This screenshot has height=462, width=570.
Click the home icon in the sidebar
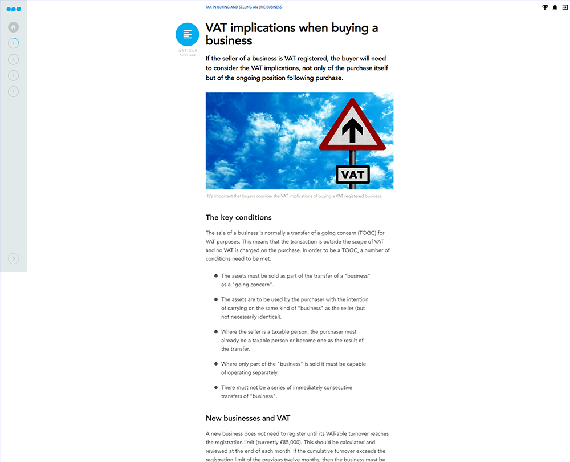click(14, 27)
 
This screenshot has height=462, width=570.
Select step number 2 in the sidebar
click(14, 59)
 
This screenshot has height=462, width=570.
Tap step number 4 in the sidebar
click(14, 91)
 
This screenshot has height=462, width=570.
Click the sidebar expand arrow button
click(14, 259)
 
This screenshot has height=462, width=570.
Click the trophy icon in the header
click(545, 7)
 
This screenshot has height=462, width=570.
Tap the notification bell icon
click(555, 7)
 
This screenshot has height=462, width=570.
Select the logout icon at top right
click(564, 7)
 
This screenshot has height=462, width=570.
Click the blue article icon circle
click(188, 35)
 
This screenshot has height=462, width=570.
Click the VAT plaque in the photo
click(353, 174)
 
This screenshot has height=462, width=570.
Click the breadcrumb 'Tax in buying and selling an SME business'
click(244, 7)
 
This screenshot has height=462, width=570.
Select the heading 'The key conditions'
click(238, 217)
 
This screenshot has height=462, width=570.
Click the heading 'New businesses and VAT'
click(248, 418)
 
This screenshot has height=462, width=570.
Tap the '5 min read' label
click(188, 55)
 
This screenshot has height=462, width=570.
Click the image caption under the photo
click(295, 196)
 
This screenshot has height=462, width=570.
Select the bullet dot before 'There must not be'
click(216, 388)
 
